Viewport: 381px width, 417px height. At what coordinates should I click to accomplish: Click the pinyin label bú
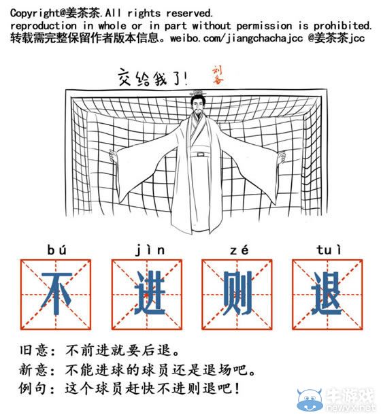pyautogui.click(x=56, y=249)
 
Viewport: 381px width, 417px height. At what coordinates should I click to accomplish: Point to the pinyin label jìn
pyautogui.click(x=146, y=249)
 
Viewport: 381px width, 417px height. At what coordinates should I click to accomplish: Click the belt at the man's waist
pyautogui.click(x=199, y=154)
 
